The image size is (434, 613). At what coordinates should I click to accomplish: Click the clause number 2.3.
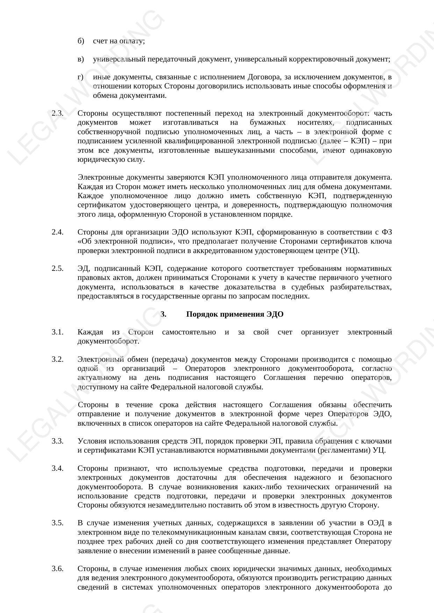click(58, 113)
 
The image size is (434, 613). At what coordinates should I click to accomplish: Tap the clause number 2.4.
click(58, 232)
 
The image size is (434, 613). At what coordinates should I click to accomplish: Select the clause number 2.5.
click(58, 268)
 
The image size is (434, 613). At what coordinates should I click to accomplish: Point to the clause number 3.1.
click(58, 332)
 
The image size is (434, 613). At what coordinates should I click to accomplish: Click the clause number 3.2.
click(58, 359)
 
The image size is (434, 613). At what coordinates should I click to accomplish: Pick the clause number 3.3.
click(58, 441)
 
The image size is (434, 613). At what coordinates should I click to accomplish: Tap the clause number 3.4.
click(58, 468)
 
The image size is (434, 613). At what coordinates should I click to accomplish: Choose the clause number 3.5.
click(58, 523)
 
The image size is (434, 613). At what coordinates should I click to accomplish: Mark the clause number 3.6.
click(58, 569)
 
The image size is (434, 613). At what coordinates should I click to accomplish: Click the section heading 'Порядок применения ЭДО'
click(235, 314)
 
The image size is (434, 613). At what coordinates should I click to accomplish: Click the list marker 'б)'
click(81, 41)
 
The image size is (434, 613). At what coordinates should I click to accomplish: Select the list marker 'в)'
click(81, 59)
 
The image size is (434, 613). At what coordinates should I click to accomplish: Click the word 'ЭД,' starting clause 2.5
click(84, 268)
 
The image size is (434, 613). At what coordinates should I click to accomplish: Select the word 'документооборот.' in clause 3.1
click(108, 341)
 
